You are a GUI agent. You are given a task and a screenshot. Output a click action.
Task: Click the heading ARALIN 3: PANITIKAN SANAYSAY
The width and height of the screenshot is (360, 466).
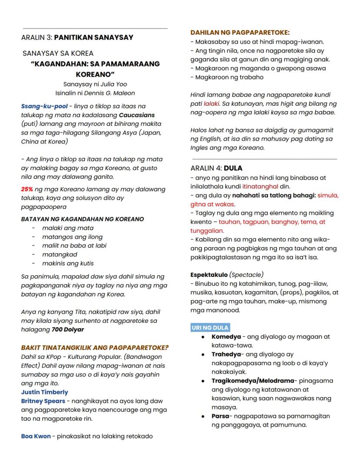click(x=77, y=37)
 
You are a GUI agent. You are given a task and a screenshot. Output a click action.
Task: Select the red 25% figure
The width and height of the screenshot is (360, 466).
click(x=27, y=189)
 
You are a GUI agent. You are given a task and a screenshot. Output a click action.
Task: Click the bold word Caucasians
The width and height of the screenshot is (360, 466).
click(x=137, y=115)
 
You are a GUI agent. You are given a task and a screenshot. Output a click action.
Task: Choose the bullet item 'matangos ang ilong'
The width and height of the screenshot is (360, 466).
click(x=72, y=237)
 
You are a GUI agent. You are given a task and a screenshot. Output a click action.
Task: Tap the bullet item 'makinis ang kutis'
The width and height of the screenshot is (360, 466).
click(x=67, y=263)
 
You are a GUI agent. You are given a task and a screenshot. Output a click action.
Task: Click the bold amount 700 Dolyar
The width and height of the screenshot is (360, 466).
click(x=67, y=329)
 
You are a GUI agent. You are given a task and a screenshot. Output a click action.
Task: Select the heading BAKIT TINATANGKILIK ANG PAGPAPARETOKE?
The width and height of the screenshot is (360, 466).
click(x=95, y=347)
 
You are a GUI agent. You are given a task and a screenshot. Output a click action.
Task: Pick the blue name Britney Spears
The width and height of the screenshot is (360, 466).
click(x=43, y=401)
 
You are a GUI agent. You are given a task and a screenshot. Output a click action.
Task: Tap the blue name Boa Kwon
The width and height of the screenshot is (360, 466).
click(x=36, y=436)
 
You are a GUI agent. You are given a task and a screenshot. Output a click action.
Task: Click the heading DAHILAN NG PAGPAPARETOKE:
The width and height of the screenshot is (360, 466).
click(x=240, y=33)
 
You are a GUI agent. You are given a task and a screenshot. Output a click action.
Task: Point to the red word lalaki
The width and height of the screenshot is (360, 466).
click(x=211, y=104)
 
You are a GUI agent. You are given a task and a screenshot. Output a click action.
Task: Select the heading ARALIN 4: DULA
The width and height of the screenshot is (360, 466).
click(x=216, y=168)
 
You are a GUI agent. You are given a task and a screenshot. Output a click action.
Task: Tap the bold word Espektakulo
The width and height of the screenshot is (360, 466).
click(x=209, y=275)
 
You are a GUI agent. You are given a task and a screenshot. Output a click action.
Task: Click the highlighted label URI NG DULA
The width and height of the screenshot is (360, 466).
click(x=210, y=327)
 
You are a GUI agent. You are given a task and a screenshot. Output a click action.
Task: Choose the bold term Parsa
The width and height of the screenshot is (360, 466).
click(x=220, y=416)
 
